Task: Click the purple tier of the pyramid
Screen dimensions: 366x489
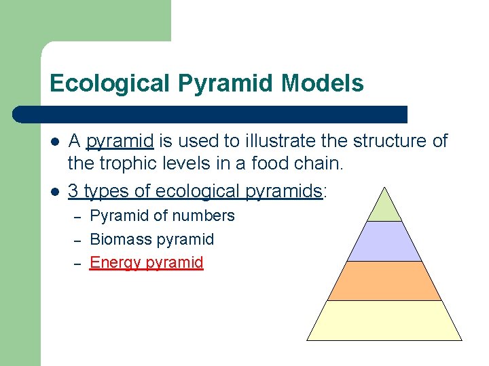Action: (384, 242)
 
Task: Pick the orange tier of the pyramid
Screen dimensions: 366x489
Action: (384, 281)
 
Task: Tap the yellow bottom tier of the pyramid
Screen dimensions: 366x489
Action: (384, 321)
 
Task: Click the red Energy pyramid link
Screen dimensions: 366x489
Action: (147, 262)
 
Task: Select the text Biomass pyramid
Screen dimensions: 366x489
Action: (152, 239)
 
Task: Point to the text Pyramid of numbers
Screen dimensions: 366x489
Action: (162, 216)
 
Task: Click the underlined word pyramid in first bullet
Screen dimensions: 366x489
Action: (120, 141)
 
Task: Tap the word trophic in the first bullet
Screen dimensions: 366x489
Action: (130, 164)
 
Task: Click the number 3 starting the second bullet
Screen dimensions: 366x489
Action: (73, 191)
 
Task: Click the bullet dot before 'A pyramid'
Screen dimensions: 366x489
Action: (55, 142)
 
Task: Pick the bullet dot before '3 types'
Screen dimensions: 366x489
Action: (55, 192)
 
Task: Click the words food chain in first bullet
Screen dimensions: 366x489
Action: (307, 164)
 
